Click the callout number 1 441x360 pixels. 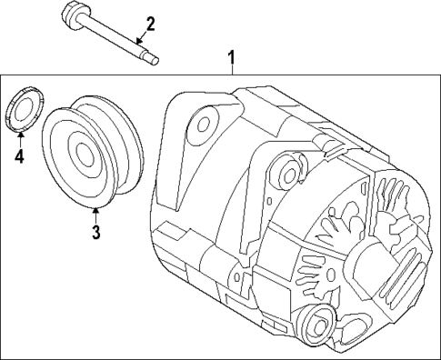click(232, 61)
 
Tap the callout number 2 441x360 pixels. click(151, 25)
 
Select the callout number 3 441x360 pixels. click(95, 232)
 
